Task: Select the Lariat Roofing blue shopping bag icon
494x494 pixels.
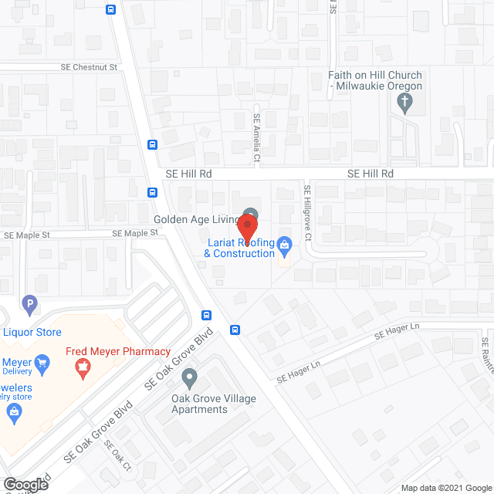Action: coord(284,245)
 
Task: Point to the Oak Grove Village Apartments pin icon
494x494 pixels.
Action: coord(189,378)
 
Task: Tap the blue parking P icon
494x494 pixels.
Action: coord(29,303)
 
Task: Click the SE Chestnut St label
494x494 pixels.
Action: coord(89,67)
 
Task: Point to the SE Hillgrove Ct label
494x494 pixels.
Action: coord(307,212)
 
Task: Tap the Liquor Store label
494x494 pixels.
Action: coord(32,333)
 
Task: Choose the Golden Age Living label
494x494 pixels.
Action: coord(196,220)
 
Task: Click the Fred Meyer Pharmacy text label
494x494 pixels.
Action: coord(118,352)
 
